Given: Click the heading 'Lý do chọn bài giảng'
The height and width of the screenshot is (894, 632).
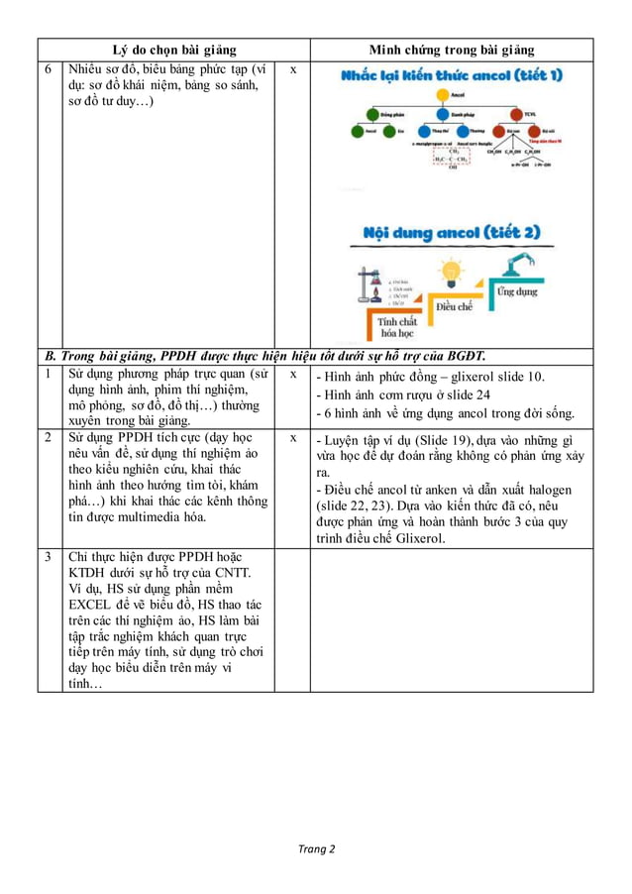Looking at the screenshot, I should point(173,50).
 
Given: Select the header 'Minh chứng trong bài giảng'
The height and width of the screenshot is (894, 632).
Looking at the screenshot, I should point(451,50).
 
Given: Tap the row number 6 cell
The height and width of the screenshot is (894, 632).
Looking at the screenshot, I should point(49,69).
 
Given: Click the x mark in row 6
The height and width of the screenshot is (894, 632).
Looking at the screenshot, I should point(292,70).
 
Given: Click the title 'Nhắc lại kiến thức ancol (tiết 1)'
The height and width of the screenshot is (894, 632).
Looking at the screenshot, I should point(452,76).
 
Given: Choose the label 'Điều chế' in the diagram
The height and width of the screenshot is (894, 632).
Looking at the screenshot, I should point(454,306).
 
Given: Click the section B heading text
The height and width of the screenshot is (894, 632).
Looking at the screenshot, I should point(265,356).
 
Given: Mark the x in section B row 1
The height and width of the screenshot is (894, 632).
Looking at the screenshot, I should point(292,375).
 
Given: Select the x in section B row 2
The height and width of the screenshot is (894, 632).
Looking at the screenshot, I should point(292,437).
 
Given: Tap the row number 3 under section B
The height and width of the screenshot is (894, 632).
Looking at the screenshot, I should point(49,556).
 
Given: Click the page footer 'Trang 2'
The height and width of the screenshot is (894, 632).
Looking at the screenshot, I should point(317,848).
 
